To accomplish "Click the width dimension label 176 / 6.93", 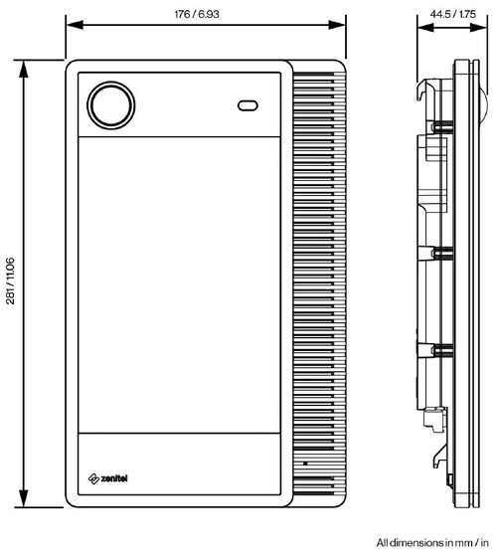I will (x=206, y=14).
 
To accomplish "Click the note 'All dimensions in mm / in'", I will (x=432, y=542).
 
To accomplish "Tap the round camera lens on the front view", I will (x=110, y=104).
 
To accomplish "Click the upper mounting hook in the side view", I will (x=425, y=95).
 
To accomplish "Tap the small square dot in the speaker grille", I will (x=305, y=465).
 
